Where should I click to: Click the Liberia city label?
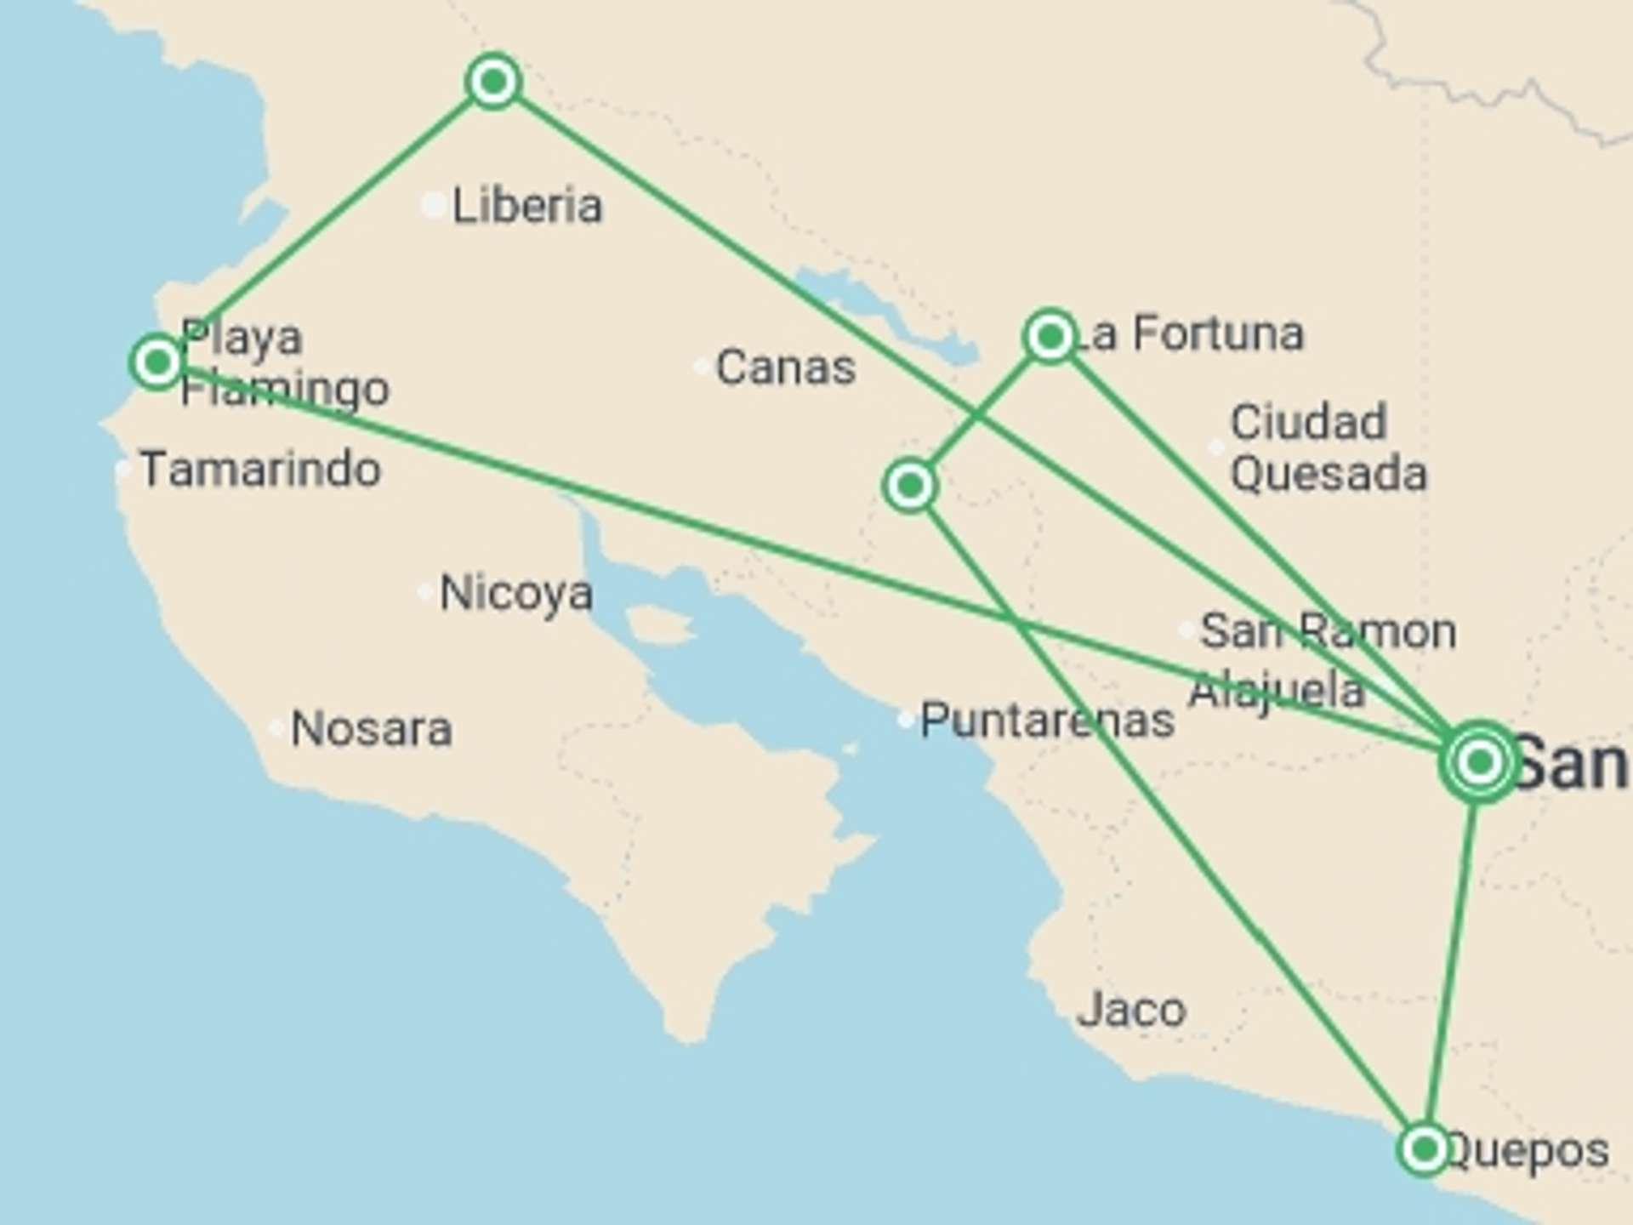(526, 206)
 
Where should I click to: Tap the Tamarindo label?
(260, 470)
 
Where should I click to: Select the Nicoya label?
(515, 593)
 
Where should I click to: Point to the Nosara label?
(371, 729)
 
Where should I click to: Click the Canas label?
(785, 367)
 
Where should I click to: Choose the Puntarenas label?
(1047, 721)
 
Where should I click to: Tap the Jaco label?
(1130, 1010)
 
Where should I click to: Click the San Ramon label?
(1327, 631)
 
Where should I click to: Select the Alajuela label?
(1276, 689)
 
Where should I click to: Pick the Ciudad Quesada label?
(1327, 447)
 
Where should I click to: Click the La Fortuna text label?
(1191, 333)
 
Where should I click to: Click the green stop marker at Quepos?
(1424, 1149)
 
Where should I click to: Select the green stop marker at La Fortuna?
(1050, 337)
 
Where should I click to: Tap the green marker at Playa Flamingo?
(157, 362)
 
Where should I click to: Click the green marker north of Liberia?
(493, 82)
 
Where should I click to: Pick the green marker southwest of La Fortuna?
(910, 486)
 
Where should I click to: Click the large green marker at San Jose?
(1480, 761)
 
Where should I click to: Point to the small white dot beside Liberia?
(434, 205)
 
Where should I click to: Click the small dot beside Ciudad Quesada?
(1216, 447)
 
